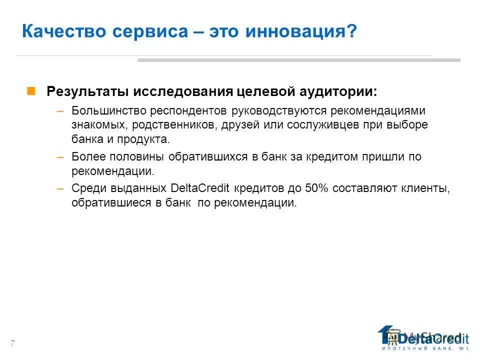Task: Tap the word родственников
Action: point(173,124)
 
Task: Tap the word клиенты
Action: point(425,188)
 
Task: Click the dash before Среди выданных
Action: point(60,188)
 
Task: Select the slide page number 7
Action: point(12,342)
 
